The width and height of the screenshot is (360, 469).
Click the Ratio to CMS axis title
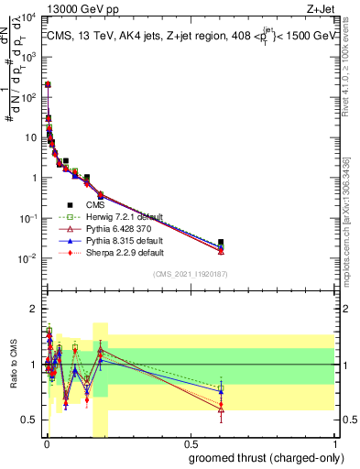[x=13, y=365]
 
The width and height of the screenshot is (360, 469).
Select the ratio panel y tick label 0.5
[x=29, y=420]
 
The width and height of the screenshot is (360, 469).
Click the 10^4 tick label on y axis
[x=28, y=17]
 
